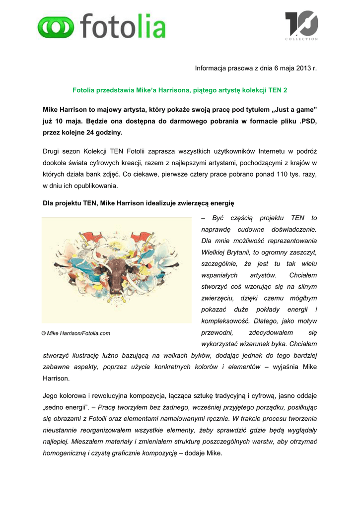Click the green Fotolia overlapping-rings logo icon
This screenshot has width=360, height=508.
coord(56,27)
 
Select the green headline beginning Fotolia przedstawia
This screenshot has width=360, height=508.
coord(180,91)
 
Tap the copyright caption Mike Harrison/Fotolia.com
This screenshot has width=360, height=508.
coord(76,333)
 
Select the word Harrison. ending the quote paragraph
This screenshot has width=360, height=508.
coord(56,378)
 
